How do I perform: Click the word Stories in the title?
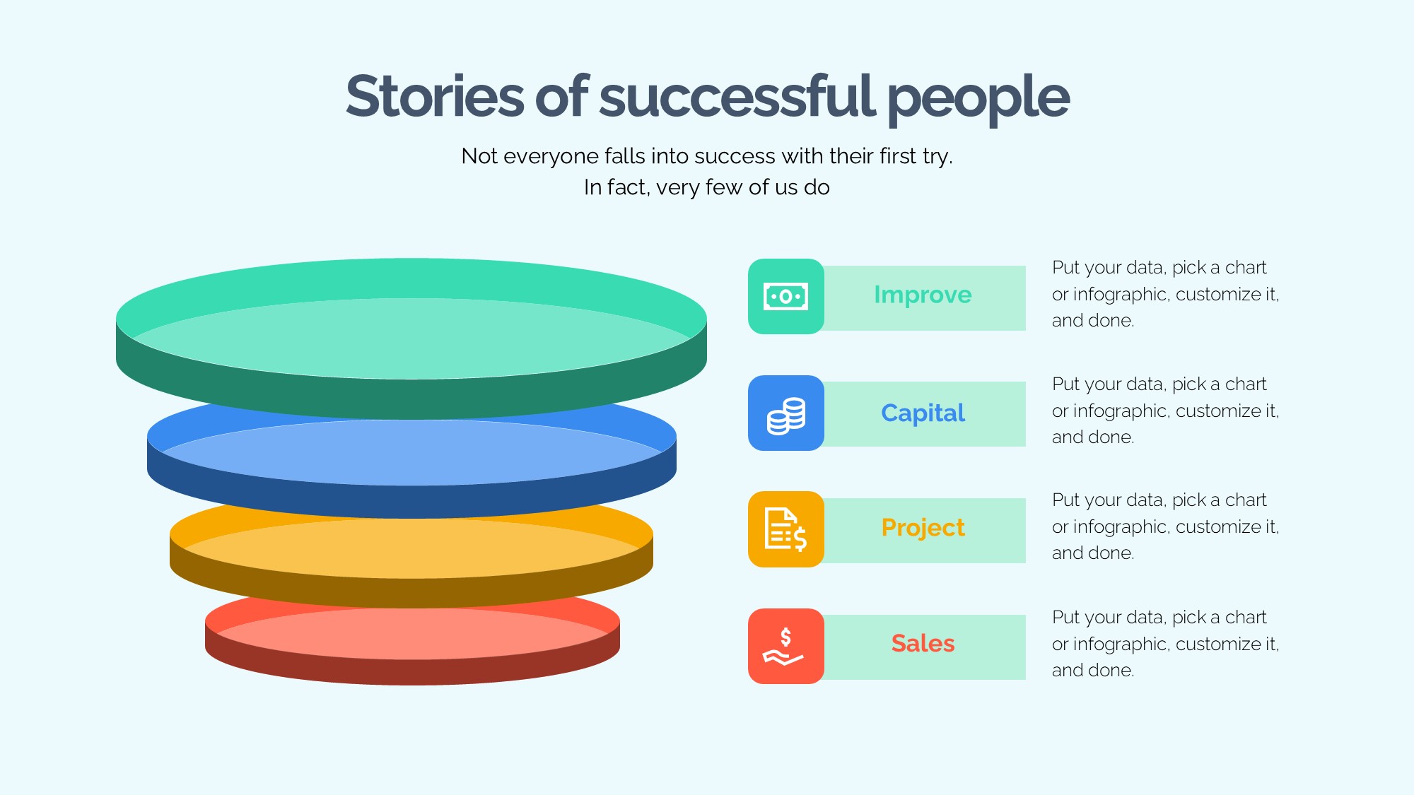(x=435, y=96)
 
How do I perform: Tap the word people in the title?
(x=978, y=100)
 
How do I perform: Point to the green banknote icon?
(x=786, y=296)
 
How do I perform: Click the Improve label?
(x=923, y=295)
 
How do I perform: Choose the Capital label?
(x=923, y=413)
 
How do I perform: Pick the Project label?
(x=923, y=528)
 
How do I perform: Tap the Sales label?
(x=923, y=644)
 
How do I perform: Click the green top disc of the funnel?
(x=411, y=338)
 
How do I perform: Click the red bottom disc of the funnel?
(x=412, y=640)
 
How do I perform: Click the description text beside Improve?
(x=1165, y=294)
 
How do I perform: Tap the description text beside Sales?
(x=1165, y=644)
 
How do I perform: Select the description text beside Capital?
(x=1165, y=411)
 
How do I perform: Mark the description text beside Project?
(x=1165, y=526)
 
